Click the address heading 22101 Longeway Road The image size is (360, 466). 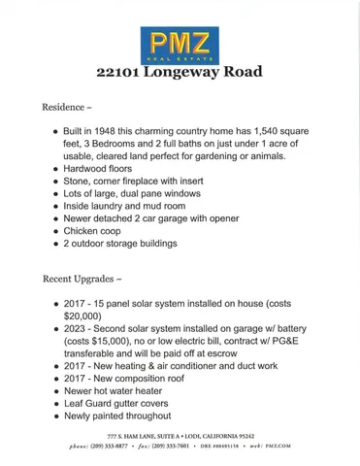point(180,72)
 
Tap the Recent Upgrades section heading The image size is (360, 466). point(82,280)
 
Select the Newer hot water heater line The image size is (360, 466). point(118,390)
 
